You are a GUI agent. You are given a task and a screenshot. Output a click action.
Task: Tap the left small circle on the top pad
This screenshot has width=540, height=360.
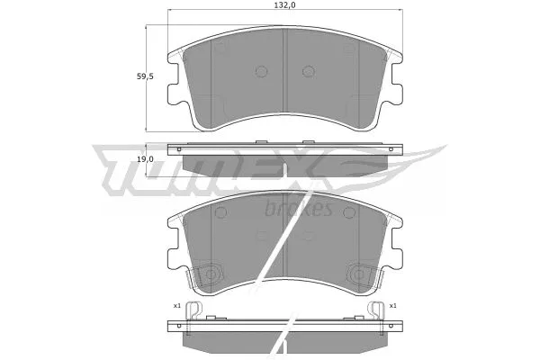262,72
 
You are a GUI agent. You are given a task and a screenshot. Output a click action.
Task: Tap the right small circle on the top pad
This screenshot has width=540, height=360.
307,72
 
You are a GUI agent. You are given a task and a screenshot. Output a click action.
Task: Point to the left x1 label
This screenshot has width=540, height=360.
177,306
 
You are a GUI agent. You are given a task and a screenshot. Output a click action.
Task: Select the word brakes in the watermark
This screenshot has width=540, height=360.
301,210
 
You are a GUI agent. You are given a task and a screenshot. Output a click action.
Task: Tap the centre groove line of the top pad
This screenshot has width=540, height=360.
284,81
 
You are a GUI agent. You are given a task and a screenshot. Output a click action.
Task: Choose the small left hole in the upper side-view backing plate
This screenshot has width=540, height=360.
180,148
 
